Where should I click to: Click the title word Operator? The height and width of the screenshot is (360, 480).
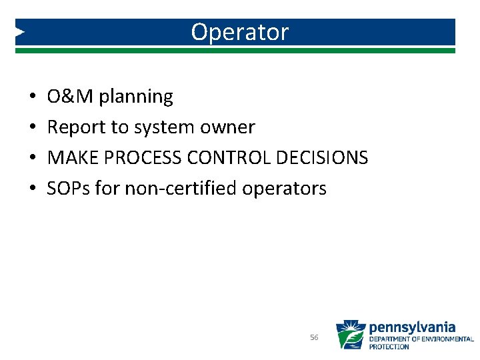[239, 32]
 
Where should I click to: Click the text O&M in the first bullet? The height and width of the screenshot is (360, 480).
[71, 97]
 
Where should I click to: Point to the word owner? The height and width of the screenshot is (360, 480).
[227, 127]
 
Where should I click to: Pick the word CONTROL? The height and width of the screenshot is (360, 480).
[233, 158]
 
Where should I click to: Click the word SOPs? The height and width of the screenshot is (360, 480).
[69, 189]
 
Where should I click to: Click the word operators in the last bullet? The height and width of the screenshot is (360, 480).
[285, 189]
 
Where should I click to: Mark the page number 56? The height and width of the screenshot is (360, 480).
[314, 338]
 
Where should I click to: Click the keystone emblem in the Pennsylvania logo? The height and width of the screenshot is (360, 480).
[350, 335]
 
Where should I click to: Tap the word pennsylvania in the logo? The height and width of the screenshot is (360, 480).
[412, 327]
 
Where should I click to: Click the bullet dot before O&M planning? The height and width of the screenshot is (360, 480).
[33, 97]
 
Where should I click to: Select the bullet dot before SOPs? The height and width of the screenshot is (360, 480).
[33, 189]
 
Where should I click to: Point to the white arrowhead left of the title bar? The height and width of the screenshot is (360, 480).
[20, 31]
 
